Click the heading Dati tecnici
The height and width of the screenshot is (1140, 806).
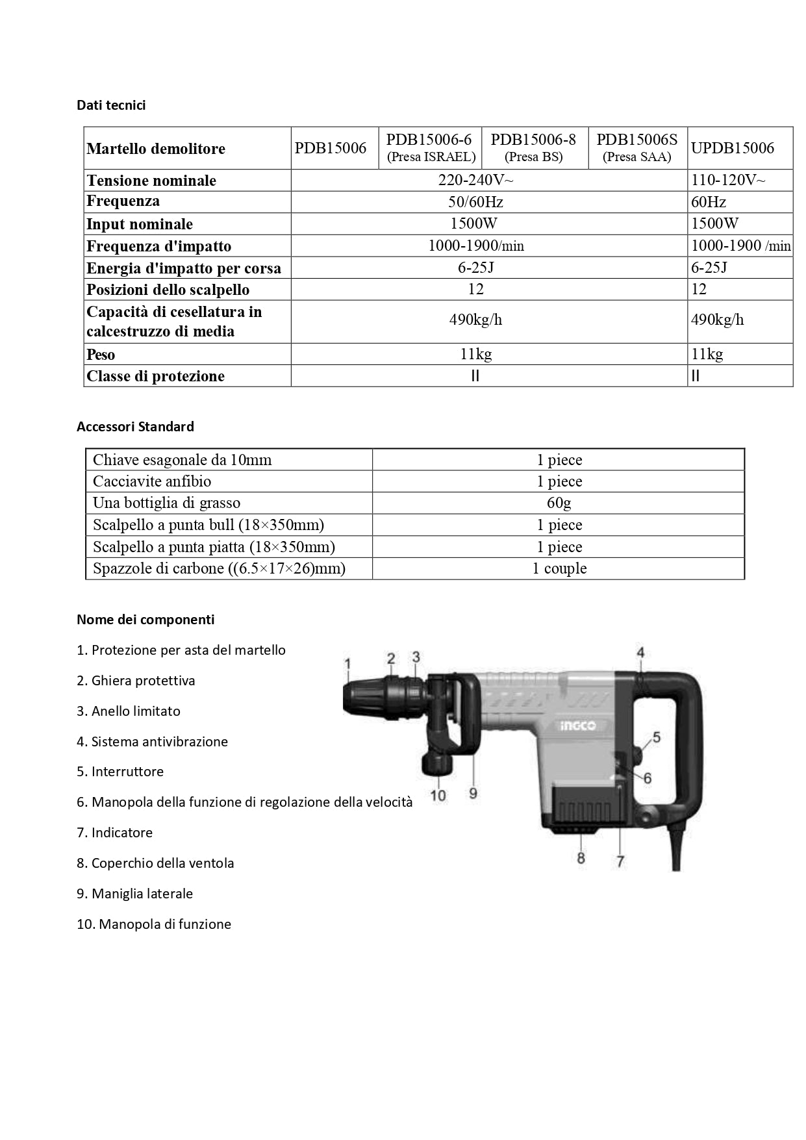point(111,105)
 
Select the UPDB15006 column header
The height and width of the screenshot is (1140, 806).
point(732,148)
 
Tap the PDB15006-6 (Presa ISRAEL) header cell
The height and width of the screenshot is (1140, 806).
point(430,148)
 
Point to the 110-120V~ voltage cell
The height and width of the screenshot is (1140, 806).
point(727,180)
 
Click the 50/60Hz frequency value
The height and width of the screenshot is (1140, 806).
point(475,202)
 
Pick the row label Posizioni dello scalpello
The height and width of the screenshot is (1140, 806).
point(168,290)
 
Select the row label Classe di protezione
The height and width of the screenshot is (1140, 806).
point(155,376)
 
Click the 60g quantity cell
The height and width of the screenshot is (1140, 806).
point(559,503)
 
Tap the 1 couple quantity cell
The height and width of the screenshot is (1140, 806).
point(559,568)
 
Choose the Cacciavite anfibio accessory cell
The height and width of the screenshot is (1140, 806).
point(152,481)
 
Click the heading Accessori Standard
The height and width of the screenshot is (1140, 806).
point(135,427)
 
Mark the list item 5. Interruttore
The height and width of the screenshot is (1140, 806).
point(120,772)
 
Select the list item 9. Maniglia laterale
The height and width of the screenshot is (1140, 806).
point(134,894)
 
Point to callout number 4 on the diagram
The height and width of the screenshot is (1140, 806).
point(640,653)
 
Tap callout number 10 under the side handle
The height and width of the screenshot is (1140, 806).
point(438,795)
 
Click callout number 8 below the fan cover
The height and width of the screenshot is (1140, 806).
point(581,858)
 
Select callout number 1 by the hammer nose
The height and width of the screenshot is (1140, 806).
point(347,663)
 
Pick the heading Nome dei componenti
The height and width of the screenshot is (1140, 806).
point(145,620)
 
